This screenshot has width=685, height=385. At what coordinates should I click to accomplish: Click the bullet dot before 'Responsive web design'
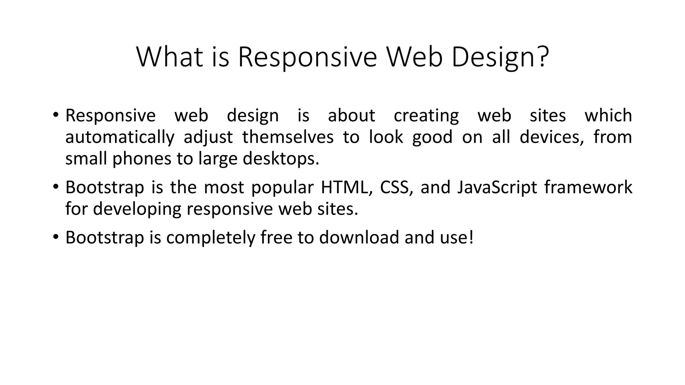click(x=56, y=115)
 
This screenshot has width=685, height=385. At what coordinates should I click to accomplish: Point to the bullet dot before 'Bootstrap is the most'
click(x=56, y=186)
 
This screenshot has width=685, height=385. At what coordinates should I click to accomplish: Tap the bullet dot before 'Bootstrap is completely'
click(x=56, y=237)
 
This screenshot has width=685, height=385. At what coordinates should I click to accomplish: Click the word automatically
click(x=120, y=137)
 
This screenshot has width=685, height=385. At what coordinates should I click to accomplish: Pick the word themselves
click(x=288, y=137)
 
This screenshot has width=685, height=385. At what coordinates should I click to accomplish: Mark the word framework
click(x=588, y=187)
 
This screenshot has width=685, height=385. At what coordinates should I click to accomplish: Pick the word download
click(x=359, y=237)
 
